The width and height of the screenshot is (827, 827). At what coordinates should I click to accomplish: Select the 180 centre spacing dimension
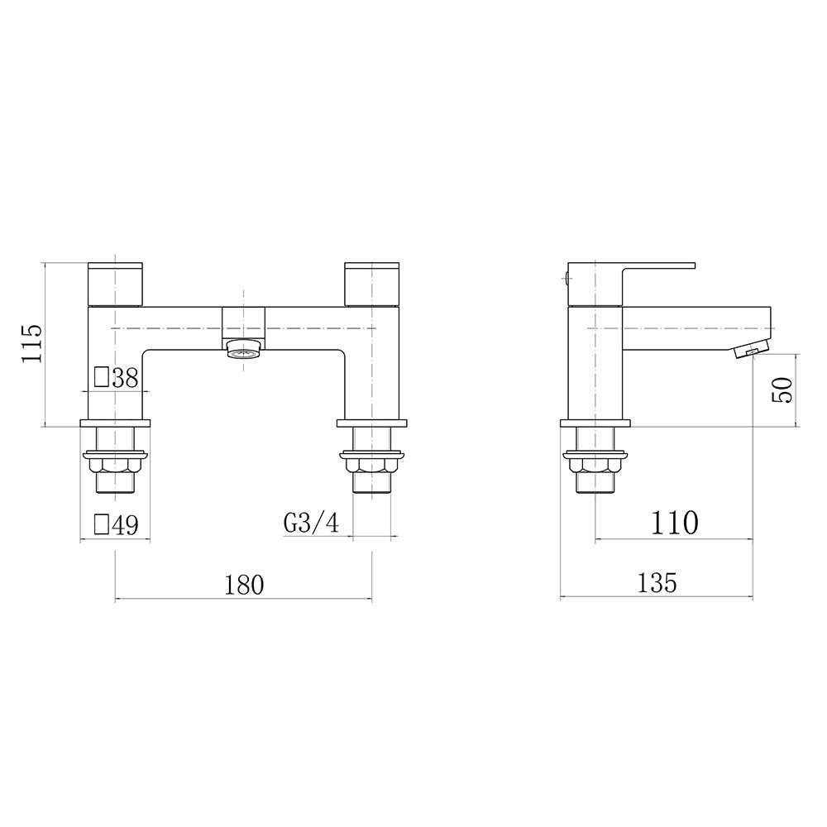point(244,584)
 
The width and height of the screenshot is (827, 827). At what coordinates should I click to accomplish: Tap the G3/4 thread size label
point(311,524)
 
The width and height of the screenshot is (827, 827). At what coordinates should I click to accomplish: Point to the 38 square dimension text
point(125,378)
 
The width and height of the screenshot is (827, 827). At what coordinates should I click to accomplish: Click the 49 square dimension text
point(125,525)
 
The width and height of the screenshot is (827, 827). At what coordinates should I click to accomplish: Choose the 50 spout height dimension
point(782,389)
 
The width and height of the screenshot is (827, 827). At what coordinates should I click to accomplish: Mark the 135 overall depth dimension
point(657,583)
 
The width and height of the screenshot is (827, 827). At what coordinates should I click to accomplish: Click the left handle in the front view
point(116,284)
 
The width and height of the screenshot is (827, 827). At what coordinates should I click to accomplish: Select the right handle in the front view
point(372,284)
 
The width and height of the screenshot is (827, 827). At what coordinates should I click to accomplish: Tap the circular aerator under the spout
point(243,350)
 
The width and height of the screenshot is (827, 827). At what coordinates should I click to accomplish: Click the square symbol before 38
point(102,378)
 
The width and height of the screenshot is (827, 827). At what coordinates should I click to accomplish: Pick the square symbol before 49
point(102,525)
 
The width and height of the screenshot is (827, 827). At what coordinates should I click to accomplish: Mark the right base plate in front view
point(372,423)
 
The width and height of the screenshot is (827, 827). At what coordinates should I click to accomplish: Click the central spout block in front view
point(244,322)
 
